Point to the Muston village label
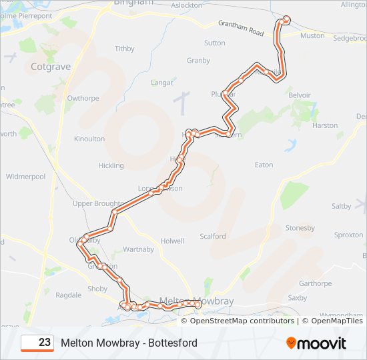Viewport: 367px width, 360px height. tap(312, 36)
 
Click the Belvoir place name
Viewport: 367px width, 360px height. tap(300, 95)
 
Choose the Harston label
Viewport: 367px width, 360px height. tap(325, 125)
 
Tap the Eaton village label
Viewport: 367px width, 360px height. tap(264, 165)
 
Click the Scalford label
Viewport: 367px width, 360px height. tap(213, 237)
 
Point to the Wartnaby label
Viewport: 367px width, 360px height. tap(138, 250)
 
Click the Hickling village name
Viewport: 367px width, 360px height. tap(111, 165)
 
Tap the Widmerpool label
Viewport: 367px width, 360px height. tap(25, 177)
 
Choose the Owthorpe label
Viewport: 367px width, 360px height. tap(83, 98)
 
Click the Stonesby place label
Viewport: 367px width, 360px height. tap(300, 228)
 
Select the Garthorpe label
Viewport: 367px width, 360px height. tap(316, 283)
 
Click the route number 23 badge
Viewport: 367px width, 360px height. tap(37, 343)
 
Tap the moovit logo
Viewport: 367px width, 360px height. tap(316, 343)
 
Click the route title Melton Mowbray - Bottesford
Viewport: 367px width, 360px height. tap(129, 343)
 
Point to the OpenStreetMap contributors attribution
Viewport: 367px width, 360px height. tap(242, 321)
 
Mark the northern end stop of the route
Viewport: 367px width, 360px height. tap(287, 19)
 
